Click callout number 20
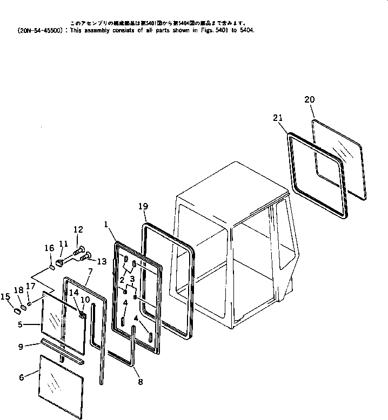tap(309, 99)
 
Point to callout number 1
tap(106, 222)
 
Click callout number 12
tap(78, 229)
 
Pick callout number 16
tap(49, 248)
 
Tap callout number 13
tap(102, 262)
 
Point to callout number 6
tap(22, 377)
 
